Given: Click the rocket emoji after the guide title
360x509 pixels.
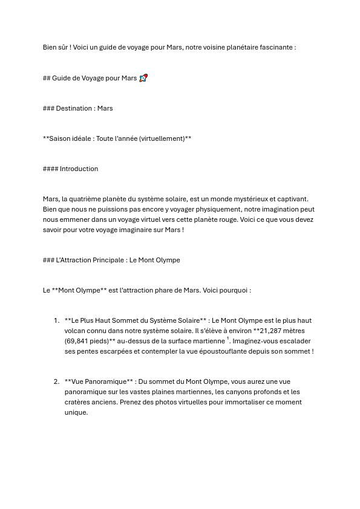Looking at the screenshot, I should click(x=143, y=78).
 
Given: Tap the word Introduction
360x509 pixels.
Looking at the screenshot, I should click(x=79, y=169).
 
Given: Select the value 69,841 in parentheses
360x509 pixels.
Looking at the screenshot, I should click(x=78, y=341).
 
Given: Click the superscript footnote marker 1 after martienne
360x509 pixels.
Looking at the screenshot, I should click(x=228, y=339).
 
